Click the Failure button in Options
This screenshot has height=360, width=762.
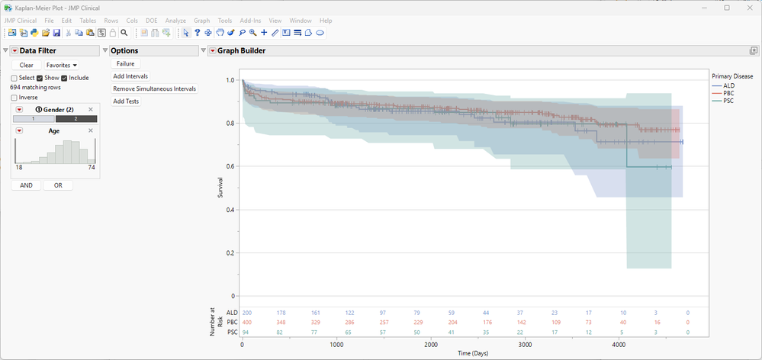pyautogui.click(x=125, y=64)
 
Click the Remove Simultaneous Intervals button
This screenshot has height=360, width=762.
pyautogui.click(x=154, y=88)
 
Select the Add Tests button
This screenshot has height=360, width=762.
pyautogui.click(x=126, y=101)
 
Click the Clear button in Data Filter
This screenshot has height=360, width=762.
pyautogui.click(x=26, y=66)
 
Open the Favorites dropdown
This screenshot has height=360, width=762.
pyautogui.click(x=62, y=66)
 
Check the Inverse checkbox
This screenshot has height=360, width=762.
pyautogui.click(x=14, y=98)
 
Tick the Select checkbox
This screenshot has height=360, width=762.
pyautogui.click(x=14, y=78)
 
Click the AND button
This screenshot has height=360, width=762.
pyautogui.click(x=26, y=185)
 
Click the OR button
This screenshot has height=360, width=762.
pyautogui.click(x=58, y=185)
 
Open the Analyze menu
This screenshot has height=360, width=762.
pyautogui.click(x=175, y=21)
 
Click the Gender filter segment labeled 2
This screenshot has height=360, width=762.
pyautogui.click(x=76, y=119)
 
